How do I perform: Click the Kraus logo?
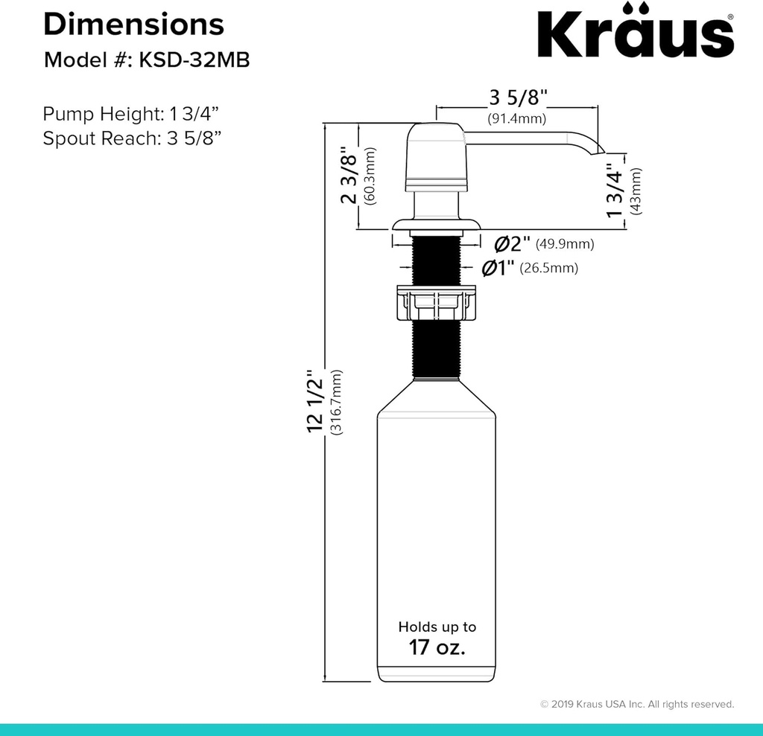point(636,33)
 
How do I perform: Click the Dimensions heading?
point(133,24)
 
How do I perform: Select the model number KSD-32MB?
point(191,60)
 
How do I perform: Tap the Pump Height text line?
point(131,114)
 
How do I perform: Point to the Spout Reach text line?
point(130,138)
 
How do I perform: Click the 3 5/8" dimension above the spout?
point(518,97)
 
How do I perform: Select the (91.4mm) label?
point(517,118)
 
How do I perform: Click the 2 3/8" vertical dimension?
point(349,177)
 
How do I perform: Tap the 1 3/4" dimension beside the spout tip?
point(615,191)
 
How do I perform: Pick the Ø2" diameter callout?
point(513,243)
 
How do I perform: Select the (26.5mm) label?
point(548,268)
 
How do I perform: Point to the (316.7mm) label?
point(337,403)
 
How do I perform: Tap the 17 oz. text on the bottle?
point(437,647)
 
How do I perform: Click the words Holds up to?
point(437,627)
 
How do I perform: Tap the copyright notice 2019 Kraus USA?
point(637,704)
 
